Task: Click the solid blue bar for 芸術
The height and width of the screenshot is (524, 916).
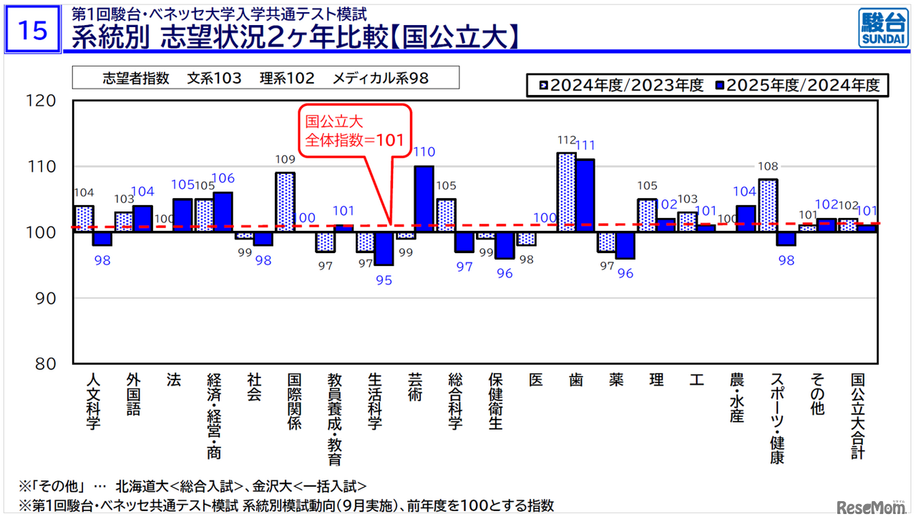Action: (424, 199)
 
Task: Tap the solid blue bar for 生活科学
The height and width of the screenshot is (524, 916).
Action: (384, 248)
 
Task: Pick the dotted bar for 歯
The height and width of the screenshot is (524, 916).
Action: (567, 192)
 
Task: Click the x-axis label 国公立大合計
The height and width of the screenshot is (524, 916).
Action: (857, 415)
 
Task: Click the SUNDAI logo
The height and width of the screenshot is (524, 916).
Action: (882, 29)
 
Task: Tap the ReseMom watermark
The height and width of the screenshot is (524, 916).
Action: (869, 507)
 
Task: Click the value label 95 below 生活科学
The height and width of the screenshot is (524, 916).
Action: (384, 280)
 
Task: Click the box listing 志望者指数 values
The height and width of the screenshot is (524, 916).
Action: (265, 78)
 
